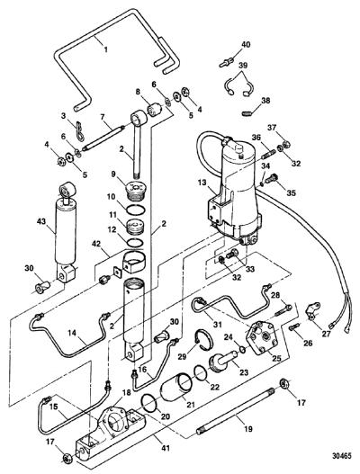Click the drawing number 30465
[x=342, y=456]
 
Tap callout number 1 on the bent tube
[x=105, y=49]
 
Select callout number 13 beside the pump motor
[x=202, y=183]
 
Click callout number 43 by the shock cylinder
[x=41, y=221]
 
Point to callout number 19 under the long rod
[x=248, y=429]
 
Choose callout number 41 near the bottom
[x=166, y=447]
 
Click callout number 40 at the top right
[x=246, y=44]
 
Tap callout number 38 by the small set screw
[x=265, y=101]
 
